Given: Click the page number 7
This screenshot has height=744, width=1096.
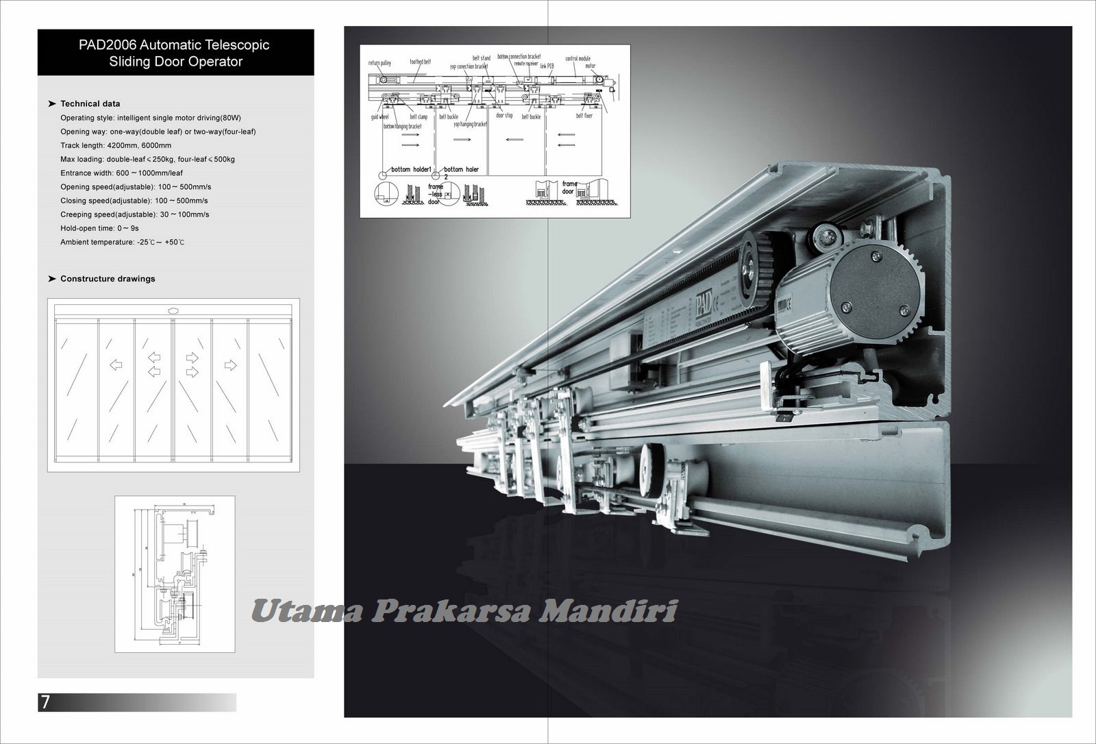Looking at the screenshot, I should click(46, 702).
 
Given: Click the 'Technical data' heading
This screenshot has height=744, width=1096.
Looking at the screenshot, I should click(90, 103).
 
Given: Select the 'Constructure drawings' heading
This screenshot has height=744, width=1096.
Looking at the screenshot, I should click(108, 279).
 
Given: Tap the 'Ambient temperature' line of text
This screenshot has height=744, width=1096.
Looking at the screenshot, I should click(122, 242).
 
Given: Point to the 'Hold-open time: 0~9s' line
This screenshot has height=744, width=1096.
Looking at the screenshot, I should click(99, 228).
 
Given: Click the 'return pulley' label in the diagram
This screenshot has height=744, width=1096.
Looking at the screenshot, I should click(379, 63).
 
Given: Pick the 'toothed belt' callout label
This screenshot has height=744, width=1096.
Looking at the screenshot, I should click(420, 62).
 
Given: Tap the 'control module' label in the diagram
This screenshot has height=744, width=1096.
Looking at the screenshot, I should click(577, 59).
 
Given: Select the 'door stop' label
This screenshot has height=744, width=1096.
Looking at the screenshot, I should click(504, 116).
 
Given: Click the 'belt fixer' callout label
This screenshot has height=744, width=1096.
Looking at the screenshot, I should click(584, 116).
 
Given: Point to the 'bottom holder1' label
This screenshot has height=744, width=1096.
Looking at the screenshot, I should click(411, 169).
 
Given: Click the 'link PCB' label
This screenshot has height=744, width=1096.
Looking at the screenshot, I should click(547, 66).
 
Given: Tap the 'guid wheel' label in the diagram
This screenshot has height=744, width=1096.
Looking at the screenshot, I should click(379, 117).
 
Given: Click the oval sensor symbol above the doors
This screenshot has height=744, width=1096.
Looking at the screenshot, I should click(173, 310).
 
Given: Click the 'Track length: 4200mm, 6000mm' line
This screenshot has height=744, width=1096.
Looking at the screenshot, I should click(116, 145).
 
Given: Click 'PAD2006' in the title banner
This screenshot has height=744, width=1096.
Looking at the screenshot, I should click(108, 45).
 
